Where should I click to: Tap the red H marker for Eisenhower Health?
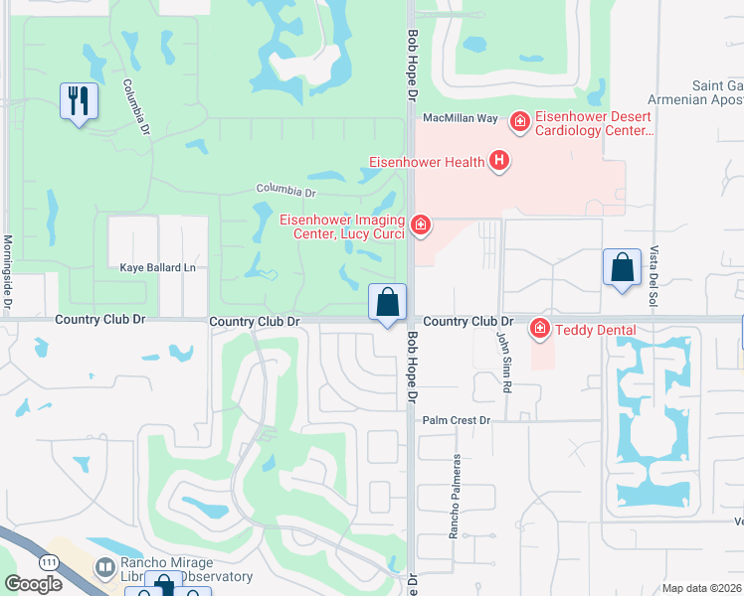pyautogui.click(x=499, y=161)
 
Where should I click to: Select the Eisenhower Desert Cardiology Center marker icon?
pyautogui.click(x=518, y=122)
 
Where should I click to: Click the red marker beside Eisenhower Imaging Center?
pyautogui.click(x=421, y=226)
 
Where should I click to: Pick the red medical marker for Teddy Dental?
pyautogui.click(x=540, y=327)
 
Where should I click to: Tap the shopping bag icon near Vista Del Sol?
pyautogui.click(x=622, y=267)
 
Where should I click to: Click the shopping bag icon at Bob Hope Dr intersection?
pyautogui.click(x=387, y=302)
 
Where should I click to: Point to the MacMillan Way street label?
pyautogui.click(x=460, y=118)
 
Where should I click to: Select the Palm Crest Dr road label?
pyautogui.click(x=457, y=420)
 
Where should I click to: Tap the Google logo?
pyautogui.click(x=32, y=584)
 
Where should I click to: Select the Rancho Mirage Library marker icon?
pyautogui.click(x=103, y=567)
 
